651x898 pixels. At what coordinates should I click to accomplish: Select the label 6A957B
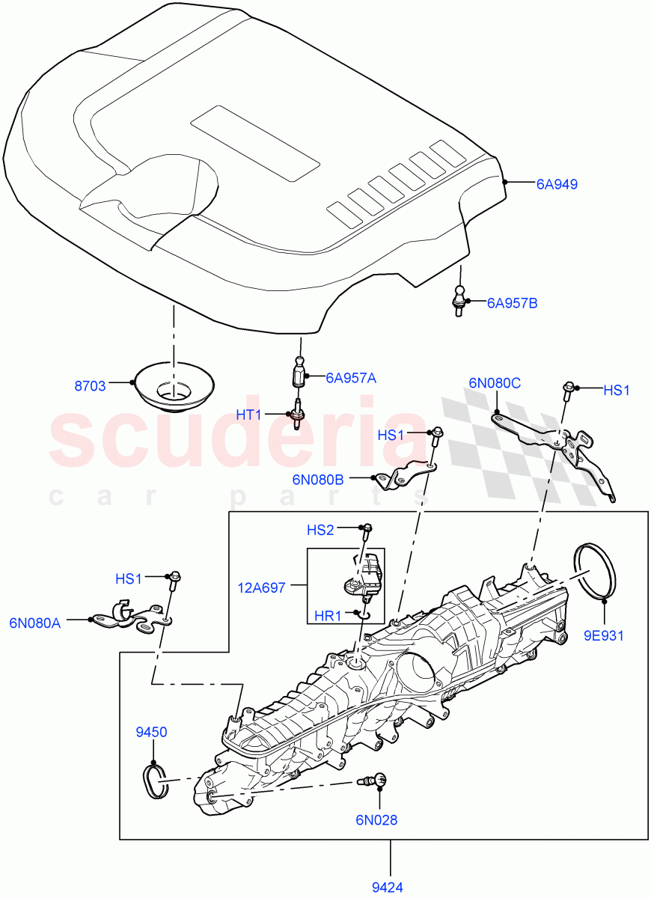(512, 303)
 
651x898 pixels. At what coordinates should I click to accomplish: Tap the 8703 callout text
(90, 386)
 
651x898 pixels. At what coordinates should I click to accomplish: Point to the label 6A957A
(350, 378)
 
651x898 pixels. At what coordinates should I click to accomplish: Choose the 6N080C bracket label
(495, 383)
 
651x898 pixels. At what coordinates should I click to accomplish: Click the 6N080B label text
(318, 479)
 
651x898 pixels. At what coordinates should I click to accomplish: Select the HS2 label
(320, 530)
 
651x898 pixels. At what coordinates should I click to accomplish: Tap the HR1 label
(327, 616)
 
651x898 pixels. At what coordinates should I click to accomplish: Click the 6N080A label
(34, 621)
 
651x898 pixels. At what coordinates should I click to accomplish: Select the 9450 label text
(151, 731)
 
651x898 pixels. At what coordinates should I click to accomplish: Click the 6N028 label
(376, 819)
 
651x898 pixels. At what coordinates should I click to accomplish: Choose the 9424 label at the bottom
(388, 888)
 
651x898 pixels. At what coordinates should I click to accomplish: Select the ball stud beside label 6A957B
(457, 299)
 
